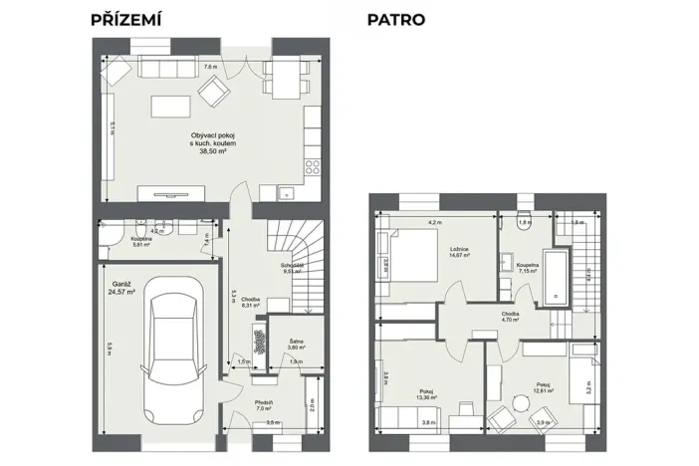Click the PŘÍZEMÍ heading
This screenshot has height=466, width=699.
[125, 19]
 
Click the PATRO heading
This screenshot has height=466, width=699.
[396, 19]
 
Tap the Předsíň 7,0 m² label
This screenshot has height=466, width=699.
[264, 405]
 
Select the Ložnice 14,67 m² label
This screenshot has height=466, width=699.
[458, 252]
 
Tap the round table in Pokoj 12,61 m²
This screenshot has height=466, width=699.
[521, 405]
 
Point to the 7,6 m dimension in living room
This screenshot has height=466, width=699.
[209, 67]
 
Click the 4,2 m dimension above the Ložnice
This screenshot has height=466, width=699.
[434, 222]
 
